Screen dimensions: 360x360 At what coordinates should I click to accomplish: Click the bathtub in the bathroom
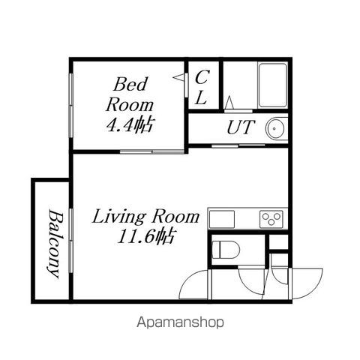(x=273, y=85)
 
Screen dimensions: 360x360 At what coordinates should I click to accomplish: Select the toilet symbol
(x=226, y=250)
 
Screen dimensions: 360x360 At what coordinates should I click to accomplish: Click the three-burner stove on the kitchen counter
(x=271, y=219)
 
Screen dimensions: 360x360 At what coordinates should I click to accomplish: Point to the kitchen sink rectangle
(x=222, y=219)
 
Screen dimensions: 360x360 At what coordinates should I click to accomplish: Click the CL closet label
(x=202, y=87)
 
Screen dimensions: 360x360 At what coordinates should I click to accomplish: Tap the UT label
(x=241, y=127)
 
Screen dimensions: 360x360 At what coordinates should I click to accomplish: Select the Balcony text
(x=55, y=244)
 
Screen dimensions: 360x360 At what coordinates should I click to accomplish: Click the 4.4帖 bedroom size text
(x=129, y=124)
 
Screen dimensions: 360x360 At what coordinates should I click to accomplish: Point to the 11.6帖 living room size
(x=146, y=236)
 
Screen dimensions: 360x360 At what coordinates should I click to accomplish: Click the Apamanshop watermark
(x=180, y=322)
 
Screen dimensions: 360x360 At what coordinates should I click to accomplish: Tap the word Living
(x=118, y=217)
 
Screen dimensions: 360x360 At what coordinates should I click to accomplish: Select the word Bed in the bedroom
(x=130, y=84)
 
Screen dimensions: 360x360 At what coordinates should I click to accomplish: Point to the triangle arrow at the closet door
(x=178, y=77)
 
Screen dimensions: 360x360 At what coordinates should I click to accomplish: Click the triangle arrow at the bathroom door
(x=229, y=102)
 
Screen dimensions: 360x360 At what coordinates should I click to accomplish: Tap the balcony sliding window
(x=71, y=241)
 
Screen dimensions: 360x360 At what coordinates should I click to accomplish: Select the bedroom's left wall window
(x=71, y=105)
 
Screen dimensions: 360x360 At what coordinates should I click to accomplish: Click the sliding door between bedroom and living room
(x=152, y=151)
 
